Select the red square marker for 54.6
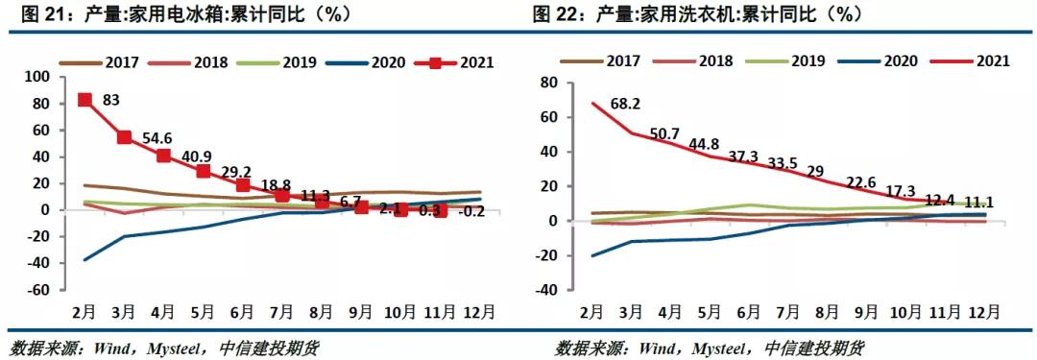124,137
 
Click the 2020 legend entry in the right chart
895,60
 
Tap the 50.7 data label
666,133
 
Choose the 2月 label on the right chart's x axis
592,313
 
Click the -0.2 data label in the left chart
470,211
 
